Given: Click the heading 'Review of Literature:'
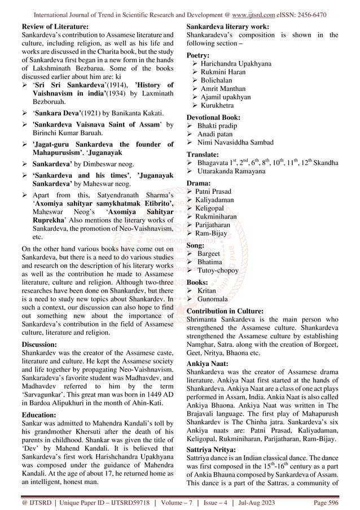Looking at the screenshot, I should (54, 27).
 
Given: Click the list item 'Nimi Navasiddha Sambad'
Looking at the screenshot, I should (235, 142).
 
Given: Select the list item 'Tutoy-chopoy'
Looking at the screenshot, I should (221, 270).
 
